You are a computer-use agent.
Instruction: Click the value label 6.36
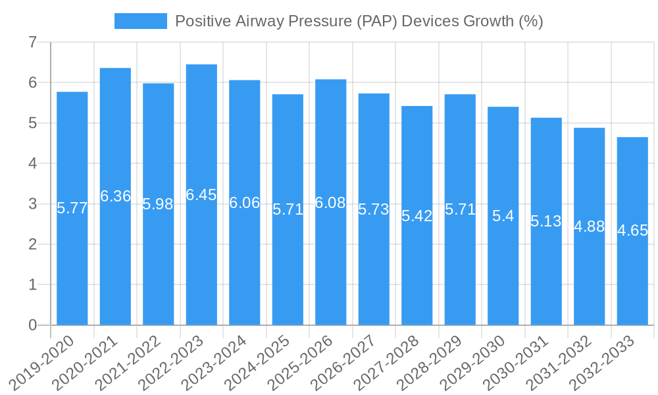[115, 196]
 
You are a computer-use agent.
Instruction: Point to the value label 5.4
[503, 216]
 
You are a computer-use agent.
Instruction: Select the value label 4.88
[589, 226]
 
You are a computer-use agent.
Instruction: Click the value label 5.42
[417, 216]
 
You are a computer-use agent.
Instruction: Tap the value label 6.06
[245, 203]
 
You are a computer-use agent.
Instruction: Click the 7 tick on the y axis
[32, 43]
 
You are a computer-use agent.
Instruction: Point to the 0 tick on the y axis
[32, 325]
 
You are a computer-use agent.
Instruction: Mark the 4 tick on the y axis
[32, 164]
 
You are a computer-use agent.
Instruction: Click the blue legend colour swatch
[140, 21]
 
